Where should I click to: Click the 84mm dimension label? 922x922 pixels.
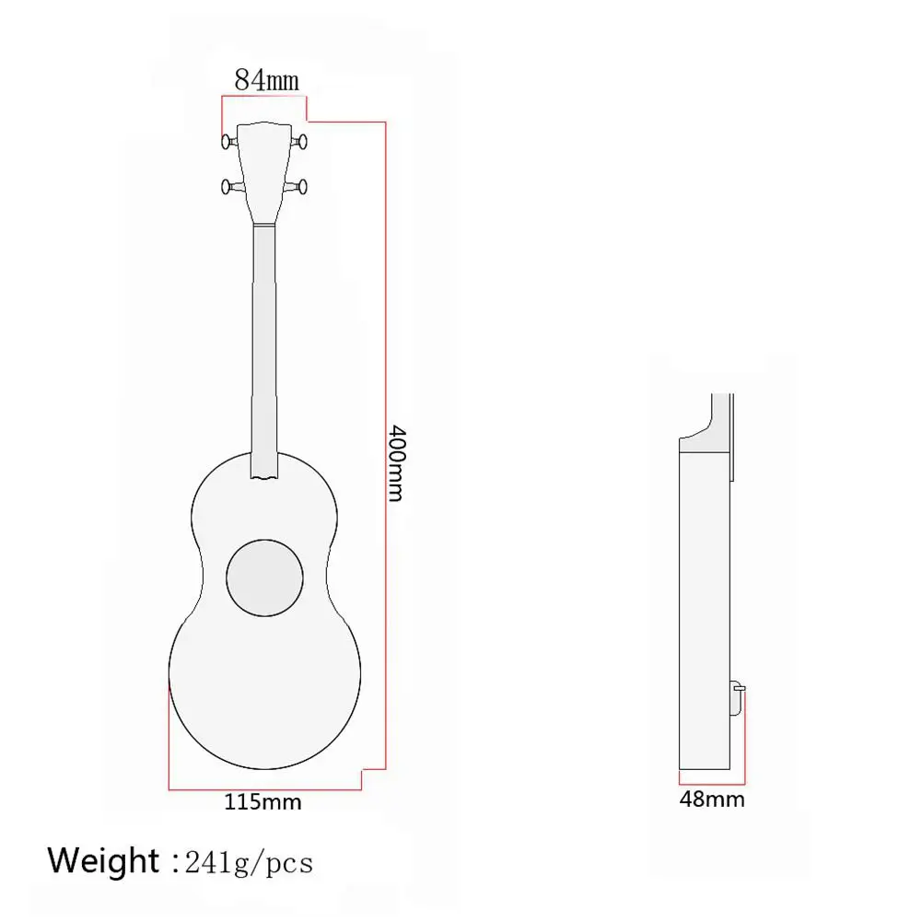pos(266,80)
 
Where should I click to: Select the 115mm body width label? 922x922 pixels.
pos(263,801)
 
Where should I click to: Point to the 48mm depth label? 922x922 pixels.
pos(712,799)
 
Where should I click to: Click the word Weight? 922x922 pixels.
pos(103,861)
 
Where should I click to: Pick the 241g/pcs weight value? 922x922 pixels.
pos(249,863)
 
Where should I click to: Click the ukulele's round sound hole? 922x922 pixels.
pos(265,578)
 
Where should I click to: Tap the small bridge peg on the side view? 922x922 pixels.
pos(737,686)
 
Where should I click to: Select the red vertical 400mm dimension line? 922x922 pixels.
pos(385,442)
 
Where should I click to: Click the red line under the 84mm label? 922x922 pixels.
pos(263,96)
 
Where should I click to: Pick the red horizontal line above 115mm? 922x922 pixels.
pos(263,789)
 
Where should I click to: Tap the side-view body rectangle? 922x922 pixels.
pos(705,608)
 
